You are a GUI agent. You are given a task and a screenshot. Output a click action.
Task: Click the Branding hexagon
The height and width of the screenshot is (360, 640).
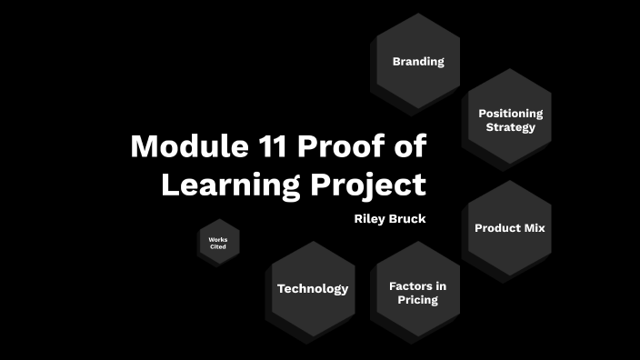coord(418,61)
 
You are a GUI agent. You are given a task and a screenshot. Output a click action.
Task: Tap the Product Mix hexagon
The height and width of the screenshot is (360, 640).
coord(509,227)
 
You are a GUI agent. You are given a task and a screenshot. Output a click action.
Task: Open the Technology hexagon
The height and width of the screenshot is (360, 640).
coord(313,289)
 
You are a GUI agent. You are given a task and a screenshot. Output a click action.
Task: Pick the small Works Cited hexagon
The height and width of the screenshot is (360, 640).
coord(218,243)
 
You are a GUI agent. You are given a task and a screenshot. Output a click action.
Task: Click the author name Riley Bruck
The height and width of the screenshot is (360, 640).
coord(390,218)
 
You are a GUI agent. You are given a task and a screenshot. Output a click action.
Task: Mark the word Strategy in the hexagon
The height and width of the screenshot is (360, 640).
coord(510,126)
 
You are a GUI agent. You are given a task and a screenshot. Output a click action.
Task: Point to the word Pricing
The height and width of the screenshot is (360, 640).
coord(417,299)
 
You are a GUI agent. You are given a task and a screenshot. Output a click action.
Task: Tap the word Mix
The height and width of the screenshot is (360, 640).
coord(530,227)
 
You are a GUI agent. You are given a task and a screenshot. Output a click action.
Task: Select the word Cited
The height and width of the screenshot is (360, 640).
coord(218,246)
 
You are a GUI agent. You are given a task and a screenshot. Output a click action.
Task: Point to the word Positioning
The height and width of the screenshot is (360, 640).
coord(510,113)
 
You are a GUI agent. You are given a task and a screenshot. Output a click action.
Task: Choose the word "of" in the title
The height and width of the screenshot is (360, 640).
coord(411,145)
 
